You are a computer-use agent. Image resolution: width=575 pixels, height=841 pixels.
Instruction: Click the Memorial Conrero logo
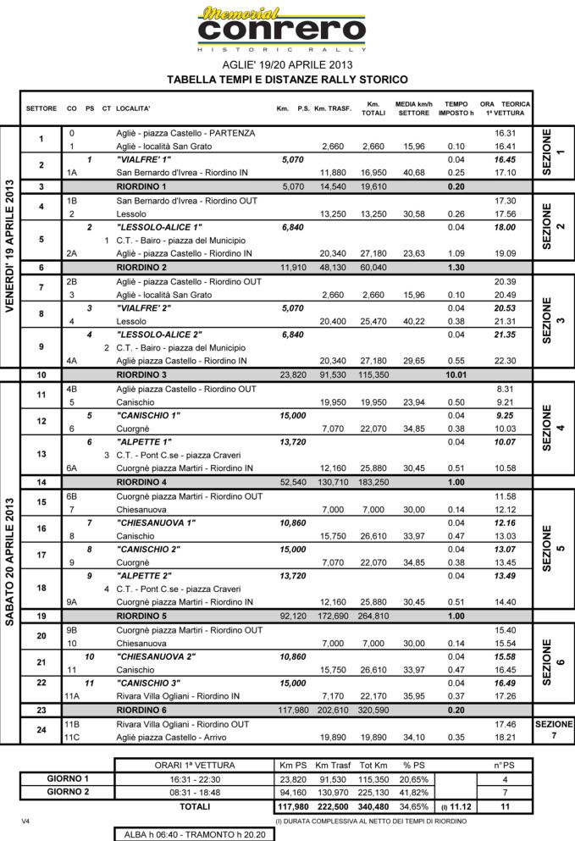[x=282, y=29]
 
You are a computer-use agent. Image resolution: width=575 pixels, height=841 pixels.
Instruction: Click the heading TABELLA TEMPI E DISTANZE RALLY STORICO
[x=287, y=79]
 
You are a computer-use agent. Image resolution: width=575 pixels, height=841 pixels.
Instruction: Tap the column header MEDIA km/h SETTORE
[x=414, y=108]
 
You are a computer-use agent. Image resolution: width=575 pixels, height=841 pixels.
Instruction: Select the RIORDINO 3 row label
[x=141, y=374]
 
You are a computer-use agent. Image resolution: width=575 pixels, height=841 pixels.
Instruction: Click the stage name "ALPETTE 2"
[x=143, y=576]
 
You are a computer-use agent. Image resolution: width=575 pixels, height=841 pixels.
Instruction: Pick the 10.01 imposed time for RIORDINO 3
[x=456, y=374]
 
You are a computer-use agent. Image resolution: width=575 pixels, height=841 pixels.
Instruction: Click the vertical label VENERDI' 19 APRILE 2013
[x=10, y=246]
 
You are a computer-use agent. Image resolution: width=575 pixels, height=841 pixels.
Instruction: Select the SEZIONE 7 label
[x=554, y=730]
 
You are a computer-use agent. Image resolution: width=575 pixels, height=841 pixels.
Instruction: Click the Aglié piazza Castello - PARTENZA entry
[x=185, y=133]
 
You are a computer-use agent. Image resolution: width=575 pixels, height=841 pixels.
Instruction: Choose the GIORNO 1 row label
[x=67, y=778]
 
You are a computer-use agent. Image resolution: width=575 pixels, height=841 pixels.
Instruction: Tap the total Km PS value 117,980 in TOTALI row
[x=292, y=805]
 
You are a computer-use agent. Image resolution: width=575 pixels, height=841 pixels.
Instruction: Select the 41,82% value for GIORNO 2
[x=412, y=792]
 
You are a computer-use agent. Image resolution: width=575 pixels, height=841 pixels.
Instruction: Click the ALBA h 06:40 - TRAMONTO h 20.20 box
[x=194, y=833]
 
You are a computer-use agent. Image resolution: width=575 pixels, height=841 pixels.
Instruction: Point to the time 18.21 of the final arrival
[x=505, y=738]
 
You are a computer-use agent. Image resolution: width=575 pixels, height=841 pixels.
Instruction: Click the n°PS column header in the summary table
[x=506, y=765]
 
